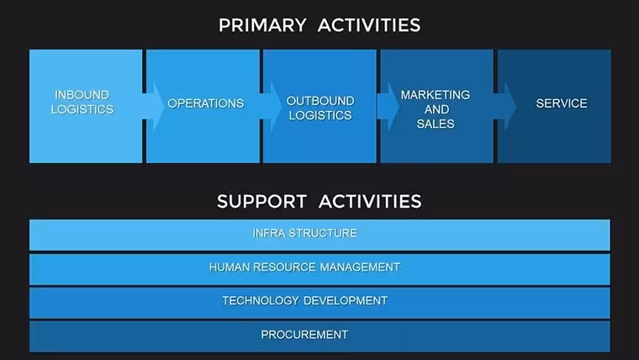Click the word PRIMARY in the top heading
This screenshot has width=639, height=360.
[262, 25]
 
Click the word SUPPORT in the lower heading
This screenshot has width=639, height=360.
[261, 201]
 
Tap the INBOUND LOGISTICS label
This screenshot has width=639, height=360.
[82, 102]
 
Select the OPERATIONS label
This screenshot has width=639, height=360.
[206, 103]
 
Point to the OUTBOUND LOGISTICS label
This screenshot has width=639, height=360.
[320, 108]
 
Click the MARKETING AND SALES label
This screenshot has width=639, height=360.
[436, 109]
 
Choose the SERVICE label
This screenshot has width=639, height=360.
[562, 103]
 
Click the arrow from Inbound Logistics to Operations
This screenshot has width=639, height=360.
[153, 107]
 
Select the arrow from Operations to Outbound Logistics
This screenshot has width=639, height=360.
[271, 107]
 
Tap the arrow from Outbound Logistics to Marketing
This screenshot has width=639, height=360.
[388, 107]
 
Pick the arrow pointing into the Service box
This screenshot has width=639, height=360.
[505, 107]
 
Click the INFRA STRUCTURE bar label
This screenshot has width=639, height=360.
[305, 233]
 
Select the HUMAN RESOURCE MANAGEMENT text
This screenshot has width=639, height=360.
[305, 267]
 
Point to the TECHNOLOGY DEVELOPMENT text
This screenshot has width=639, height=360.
[305, 301]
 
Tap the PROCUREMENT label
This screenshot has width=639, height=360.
[305, 335]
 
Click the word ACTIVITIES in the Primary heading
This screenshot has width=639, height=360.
[369, 25]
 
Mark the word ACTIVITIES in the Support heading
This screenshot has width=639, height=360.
[370, 201]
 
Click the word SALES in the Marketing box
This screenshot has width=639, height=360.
[436, 124]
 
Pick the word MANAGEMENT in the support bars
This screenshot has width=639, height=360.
[360, 267]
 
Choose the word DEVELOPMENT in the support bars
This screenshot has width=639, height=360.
[346, 301]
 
